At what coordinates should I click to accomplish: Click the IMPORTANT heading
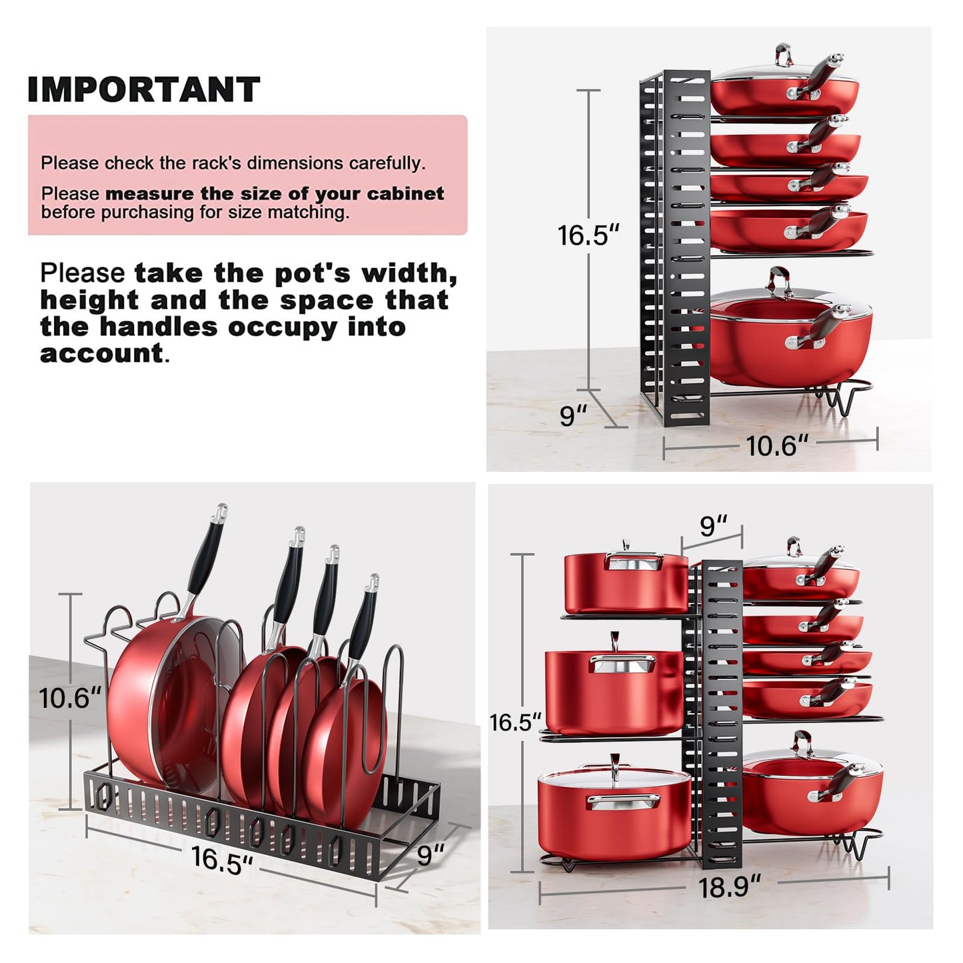[x=143, y=89]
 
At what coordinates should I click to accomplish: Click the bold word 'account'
[x=101, y=353]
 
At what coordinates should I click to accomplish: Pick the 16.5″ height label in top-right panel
[x=588, y=235]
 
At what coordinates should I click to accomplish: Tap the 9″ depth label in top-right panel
[x=573, y=415]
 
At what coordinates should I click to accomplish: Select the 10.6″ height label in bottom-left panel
[x=69, y=698]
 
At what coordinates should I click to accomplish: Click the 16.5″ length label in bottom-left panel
[x=221, y=859]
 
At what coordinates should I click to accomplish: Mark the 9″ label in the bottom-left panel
[x=430, y=854]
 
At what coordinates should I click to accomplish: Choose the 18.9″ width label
[x=729, y=887]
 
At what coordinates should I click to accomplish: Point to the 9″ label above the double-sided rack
[x=712, y=526]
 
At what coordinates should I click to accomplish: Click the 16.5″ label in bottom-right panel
[x=515, y=722]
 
